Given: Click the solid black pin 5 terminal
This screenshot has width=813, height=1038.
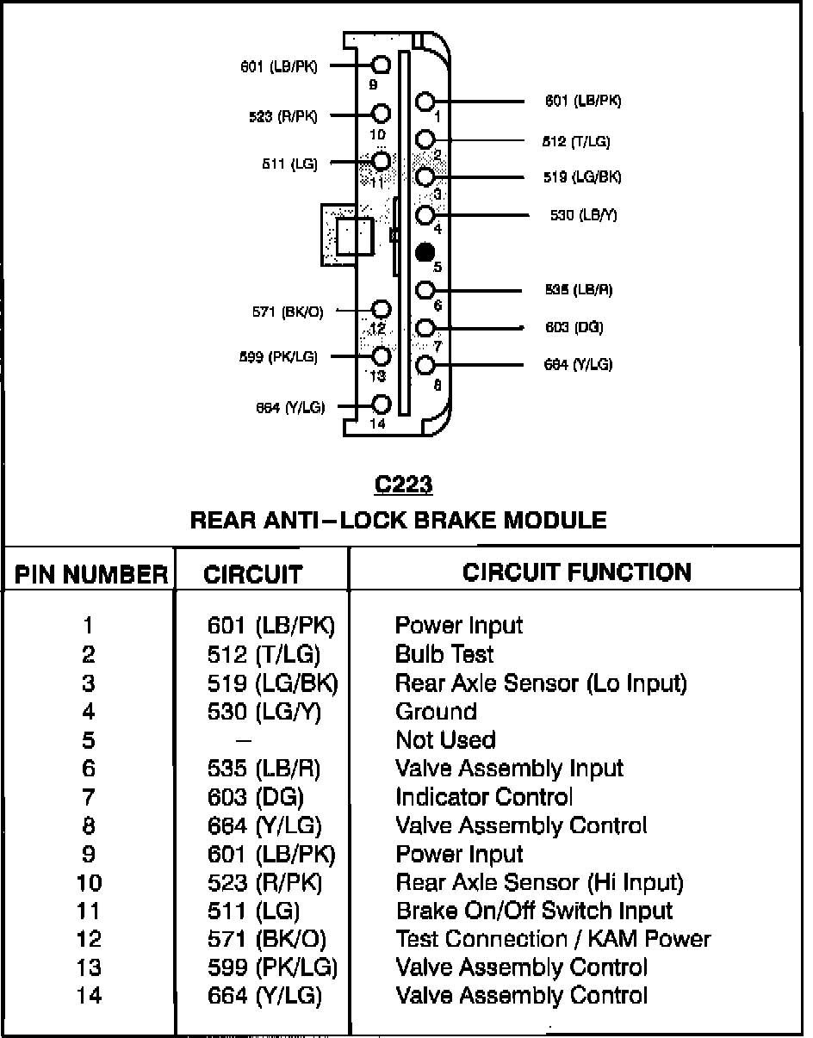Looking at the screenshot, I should coord(425,252).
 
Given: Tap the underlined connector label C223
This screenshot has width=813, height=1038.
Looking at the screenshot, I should coord(404,485).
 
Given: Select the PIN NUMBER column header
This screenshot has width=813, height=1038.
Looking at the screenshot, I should coord(90,575).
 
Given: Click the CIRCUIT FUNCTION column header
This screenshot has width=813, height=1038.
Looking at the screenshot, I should coord(577,572).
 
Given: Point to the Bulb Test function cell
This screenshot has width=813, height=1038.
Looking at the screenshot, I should coord(444,654).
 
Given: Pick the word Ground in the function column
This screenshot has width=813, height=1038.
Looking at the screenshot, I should coord(436,712).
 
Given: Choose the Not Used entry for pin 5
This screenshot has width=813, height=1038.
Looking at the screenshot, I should coord(445,740).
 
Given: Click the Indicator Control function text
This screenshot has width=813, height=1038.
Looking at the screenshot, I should coord(484,797).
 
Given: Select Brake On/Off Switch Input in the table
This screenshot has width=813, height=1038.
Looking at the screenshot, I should coord(534,911).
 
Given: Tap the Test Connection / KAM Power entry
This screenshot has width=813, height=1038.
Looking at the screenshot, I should coord(553,939).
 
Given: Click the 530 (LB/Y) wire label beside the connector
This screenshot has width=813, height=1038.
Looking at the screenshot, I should coord(584,215).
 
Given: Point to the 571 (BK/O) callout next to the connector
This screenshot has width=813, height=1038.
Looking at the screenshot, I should coord(288,312).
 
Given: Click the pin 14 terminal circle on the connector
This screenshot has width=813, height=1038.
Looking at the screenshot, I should coord(382,404).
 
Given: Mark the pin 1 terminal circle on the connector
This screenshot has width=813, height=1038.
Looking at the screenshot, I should coord(425,102).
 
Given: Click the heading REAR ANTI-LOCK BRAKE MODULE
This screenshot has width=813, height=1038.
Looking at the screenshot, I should coord(398,520).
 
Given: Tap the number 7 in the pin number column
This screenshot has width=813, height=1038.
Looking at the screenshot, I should coord(89,797).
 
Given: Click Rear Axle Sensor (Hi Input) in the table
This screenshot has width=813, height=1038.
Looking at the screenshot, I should coord(539,882).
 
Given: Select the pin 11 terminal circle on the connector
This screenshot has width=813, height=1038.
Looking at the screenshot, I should coord(382,160).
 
